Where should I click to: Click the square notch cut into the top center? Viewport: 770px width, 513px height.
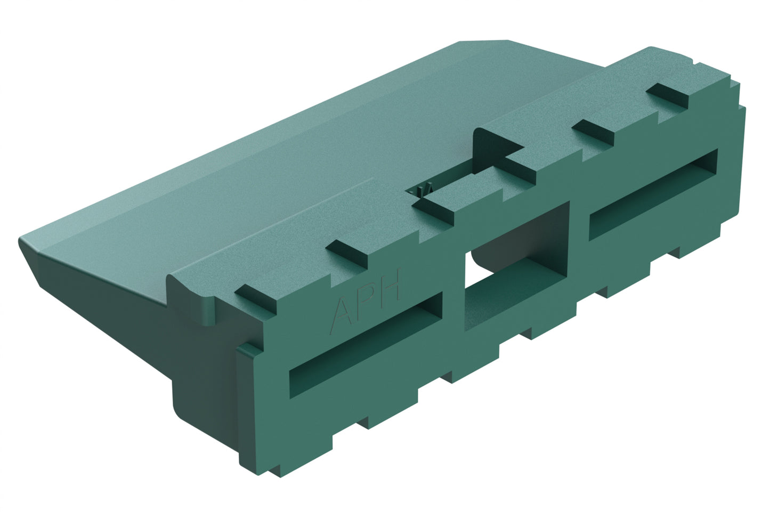coord(498,146)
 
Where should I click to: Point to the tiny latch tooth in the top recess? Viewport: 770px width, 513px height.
coord(424,191)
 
